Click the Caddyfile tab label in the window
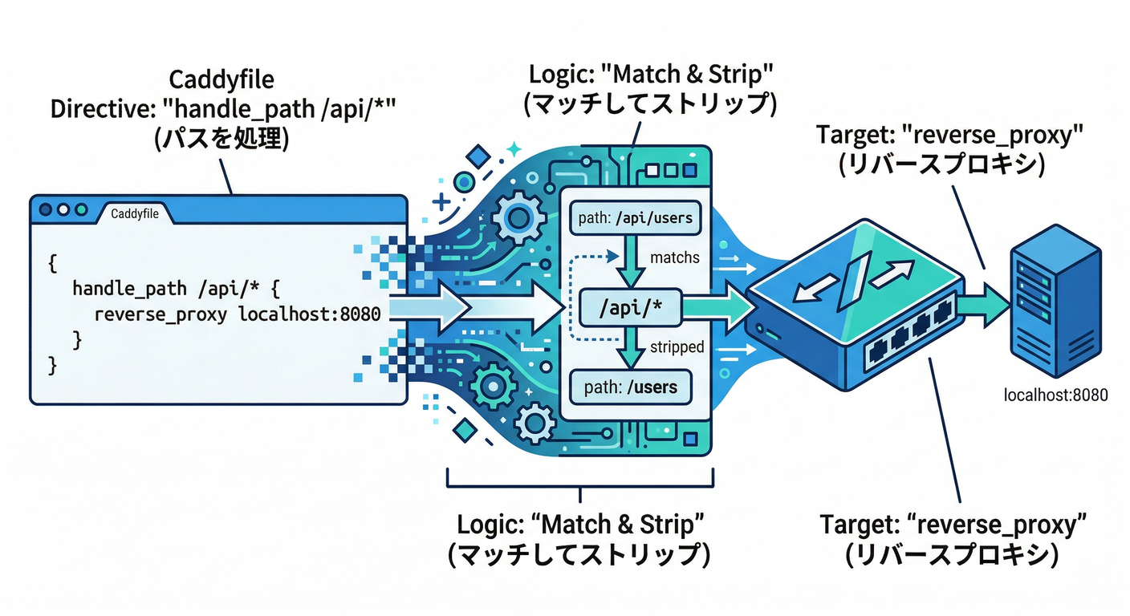[134, 213]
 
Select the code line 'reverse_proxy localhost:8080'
[237, 314]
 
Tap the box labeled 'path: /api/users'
[634, 217]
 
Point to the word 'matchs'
[674, 257]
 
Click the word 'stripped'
[677, 347]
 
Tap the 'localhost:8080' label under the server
[1055, 395]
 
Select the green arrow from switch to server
[981, 307]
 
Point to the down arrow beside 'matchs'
[630, 261]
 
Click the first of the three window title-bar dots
[46, 209]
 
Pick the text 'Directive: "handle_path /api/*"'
[221, 108]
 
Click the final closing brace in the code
[53, 366]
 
